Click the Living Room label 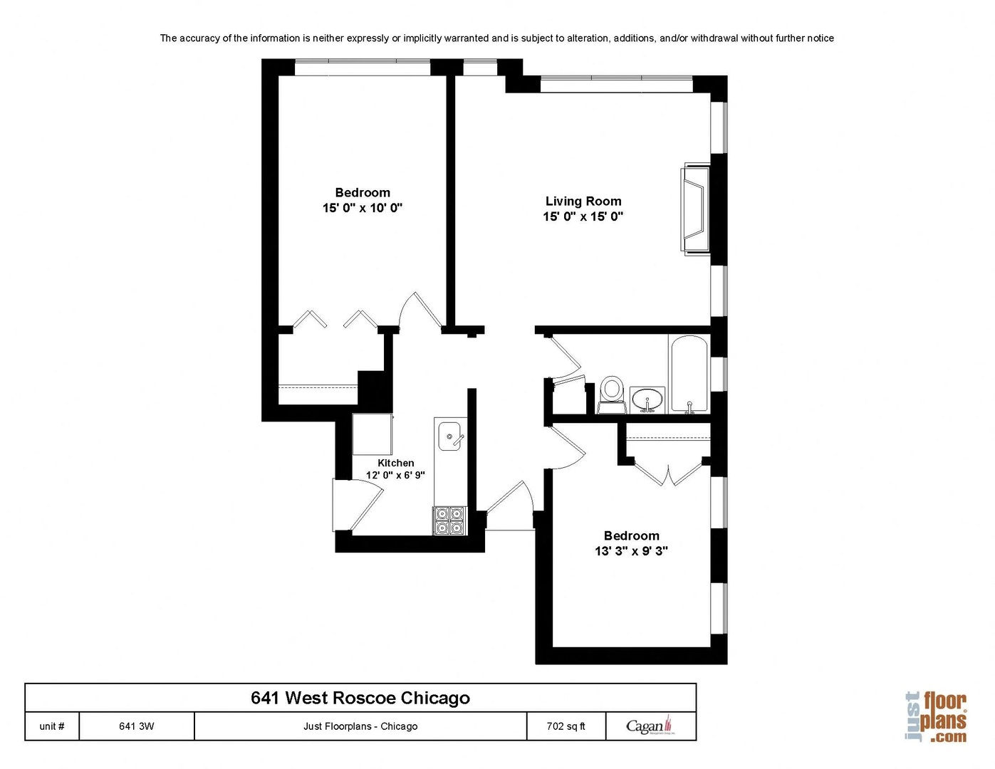click(583, 201)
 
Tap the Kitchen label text click(395, 463)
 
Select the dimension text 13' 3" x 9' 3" click(631, 550)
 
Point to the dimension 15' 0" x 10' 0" click(363, 208)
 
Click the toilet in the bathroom click(612, 394)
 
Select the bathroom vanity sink click(647, 399)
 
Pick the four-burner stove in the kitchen click(449, 520)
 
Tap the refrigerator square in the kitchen click(373, 434)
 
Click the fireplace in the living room click(694, 209)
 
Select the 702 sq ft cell click(566, 726)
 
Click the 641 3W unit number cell click(137, 726)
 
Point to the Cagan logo click(651, 726)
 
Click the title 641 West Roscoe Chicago click(360, 698)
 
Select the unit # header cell click(52, 726)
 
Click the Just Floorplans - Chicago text click(360, 726)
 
